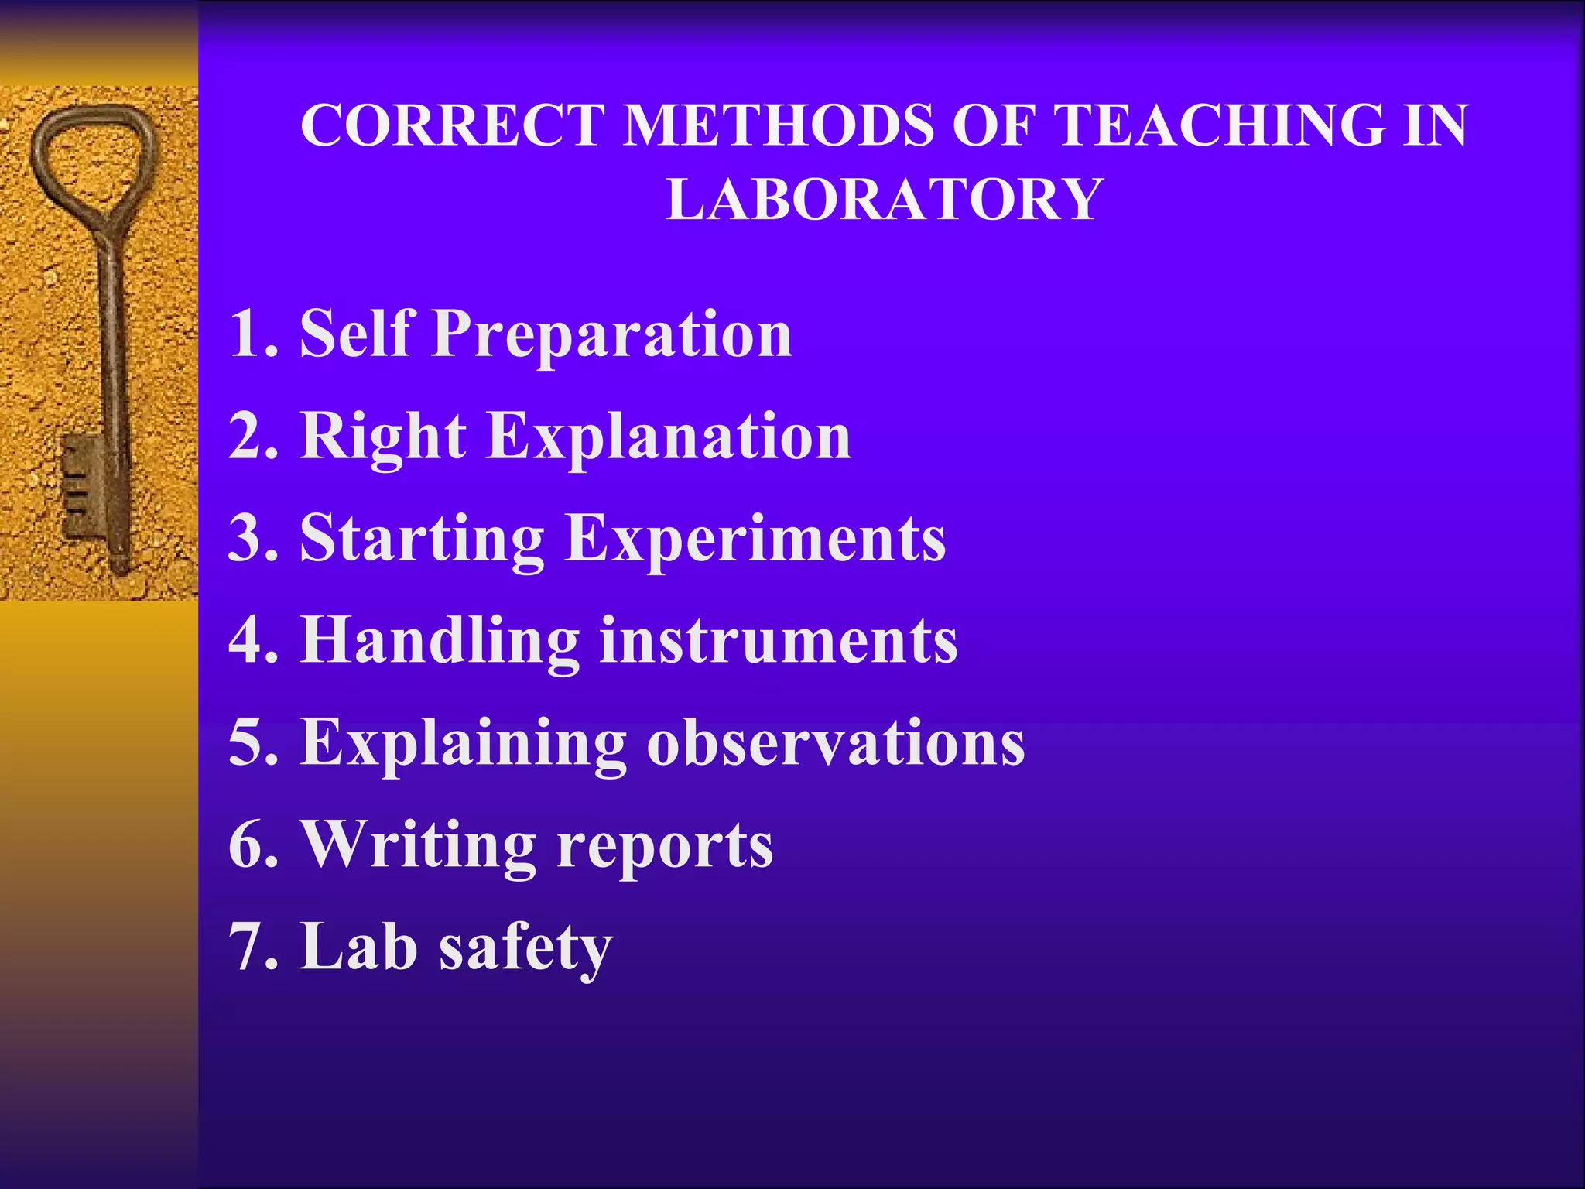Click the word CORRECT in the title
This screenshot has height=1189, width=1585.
click(x=453, y=125)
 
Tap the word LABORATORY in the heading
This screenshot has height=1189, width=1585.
click(x=884, y=200)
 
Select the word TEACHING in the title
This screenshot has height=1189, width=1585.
click(x=1220, y=125)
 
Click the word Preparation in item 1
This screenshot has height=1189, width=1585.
click(x=612, y=334)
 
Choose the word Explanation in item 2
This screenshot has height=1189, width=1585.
click(x=669, y=437)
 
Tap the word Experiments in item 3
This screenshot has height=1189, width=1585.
click(x=755, y=539)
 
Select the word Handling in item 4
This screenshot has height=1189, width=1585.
click(x=440, y=641)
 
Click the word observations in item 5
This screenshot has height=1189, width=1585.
click(x=836, y=743)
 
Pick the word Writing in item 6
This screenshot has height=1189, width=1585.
click(x=419, y=845)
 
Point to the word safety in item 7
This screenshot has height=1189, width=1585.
click(x=526, y=947)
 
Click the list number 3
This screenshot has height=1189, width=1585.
click(x=252, y=539)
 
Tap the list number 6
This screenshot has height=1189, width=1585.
click(x=252, y=845)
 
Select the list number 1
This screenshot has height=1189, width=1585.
click(x=252, y=334)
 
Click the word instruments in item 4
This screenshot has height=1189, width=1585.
click(x=779, y=641)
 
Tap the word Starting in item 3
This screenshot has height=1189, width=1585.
click(x=423, y=539)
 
